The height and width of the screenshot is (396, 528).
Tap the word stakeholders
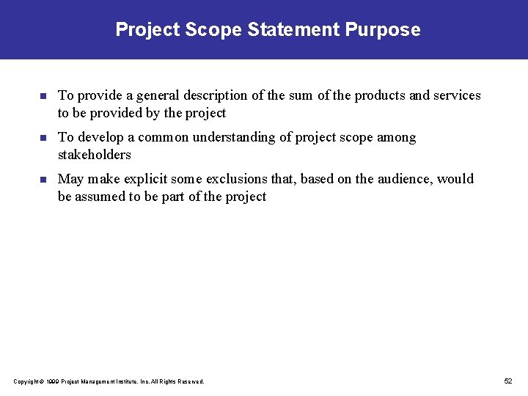(94, 155)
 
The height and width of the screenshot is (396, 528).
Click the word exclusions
(239, 179)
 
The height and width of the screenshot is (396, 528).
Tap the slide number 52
(508, 381)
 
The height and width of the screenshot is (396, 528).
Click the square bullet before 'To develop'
(43, 138)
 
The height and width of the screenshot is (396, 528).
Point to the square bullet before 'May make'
(43, 180)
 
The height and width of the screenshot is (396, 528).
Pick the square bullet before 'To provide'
(43, 96)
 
